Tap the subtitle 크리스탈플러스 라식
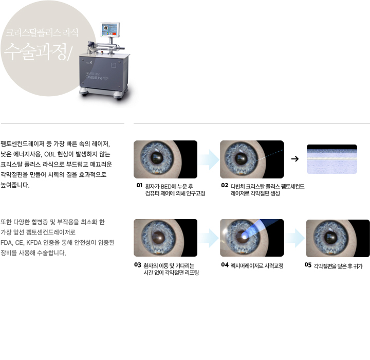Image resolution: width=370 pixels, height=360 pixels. click(42, 32)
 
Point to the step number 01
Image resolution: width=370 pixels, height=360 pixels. click(139, 184)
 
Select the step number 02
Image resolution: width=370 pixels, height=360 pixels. click(225, 184)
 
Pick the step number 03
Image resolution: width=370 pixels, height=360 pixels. click(137, 264)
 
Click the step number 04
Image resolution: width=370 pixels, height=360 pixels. click(225, 265)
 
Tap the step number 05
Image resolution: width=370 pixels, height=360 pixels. click(307, 265)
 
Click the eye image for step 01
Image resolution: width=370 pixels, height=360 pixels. click(165, 159)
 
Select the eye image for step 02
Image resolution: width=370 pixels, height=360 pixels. click(252, 159)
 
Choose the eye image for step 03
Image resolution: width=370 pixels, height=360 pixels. click(165, 238)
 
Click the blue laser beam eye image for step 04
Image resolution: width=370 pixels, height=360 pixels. click(252, 238)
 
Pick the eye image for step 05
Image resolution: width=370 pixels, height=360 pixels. click(338, 238)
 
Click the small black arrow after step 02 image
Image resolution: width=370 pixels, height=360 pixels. click(295, 158)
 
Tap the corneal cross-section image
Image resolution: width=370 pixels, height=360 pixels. click(332, 159)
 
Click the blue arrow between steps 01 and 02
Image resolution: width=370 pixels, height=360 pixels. click(209, 159)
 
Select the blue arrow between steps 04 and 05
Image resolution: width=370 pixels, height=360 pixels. click(295, 238)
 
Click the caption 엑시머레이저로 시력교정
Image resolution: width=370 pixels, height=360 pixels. click(257, 265)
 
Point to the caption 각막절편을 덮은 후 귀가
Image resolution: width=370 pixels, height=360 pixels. click(338, 265)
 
